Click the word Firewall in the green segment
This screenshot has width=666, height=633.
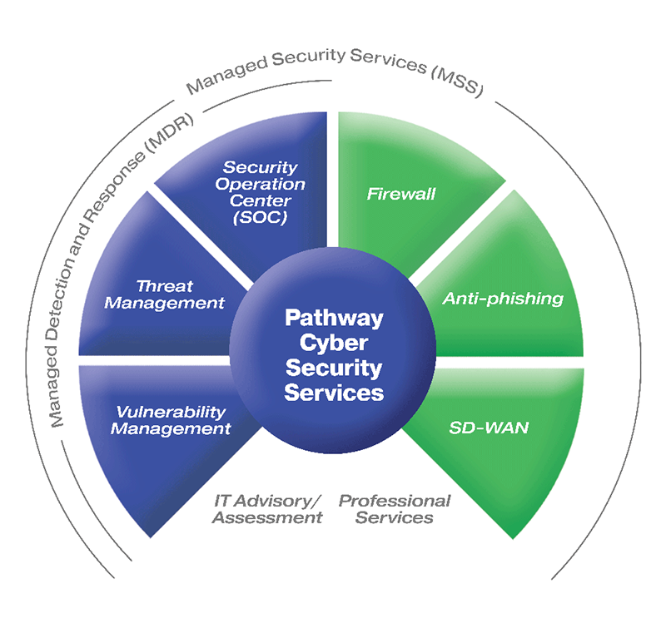(x=401, y=195)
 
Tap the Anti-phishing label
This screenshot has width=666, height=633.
(x=503, y=298)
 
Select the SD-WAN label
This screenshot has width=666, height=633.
(x=489, y=428)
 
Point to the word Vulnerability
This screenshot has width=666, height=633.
(x=171, y=413)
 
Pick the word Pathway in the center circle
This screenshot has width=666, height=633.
(x=334, y=318)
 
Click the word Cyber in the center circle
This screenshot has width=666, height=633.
(x=334, y=342)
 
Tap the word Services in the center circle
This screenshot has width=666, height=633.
(x=334, y=391)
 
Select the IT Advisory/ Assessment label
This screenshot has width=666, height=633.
(x=266, y=509)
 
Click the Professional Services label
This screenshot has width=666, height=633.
(x=395, y=509)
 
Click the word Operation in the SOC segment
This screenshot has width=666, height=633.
(x=260, y=184)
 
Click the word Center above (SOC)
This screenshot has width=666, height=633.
(x=260, y=200)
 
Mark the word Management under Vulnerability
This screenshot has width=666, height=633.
(x=171, y=429)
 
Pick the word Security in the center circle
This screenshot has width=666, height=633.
(x=334, y=367)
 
